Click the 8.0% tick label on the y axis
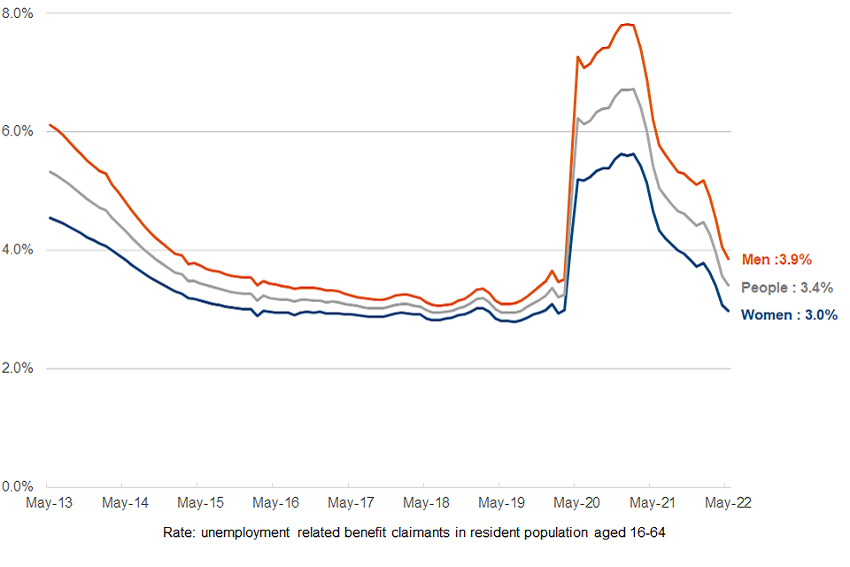[x=18, y=13]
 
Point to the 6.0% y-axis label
[x=18, y=131]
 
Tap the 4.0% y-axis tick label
[x=18, y=250]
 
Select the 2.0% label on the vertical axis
[x=18, y=368]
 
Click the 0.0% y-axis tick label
[x=18, y=486]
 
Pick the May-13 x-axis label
[x=50, y=503]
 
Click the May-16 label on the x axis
[x=276, y=503]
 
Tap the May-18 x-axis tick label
[x=427, y=503]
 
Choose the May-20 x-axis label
[x=577, y=503]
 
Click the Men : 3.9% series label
[x=777, y=260]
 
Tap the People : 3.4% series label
[x=787, y=288]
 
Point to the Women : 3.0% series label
[x=789, y=315]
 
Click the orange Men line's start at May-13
[x=49, y=124]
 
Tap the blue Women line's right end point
[x=729, y=311]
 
